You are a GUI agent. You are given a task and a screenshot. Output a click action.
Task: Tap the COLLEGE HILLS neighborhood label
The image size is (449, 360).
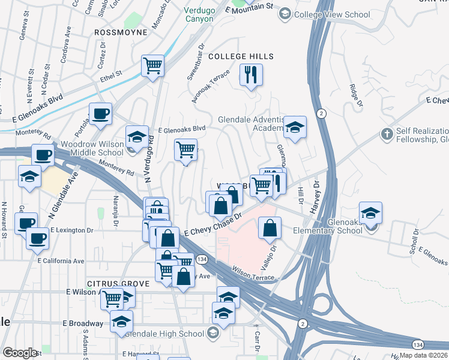coord(241,56)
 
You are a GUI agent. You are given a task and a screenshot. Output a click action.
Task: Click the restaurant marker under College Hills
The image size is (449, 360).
coord(251,75)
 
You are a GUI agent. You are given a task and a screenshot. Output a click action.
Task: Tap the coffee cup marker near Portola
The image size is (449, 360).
coord(100,113)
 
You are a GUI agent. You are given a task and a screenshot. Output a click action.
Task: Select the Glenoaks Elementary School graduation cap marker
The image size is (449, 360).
coord(370,213)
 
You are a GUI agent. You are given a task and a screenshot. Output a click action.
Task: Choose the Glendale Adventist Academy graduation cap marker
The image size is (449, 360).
coord(295,127)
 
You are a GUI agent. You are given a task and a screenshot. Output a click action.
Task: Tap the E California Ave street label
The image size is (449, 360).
coord(61,261)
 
